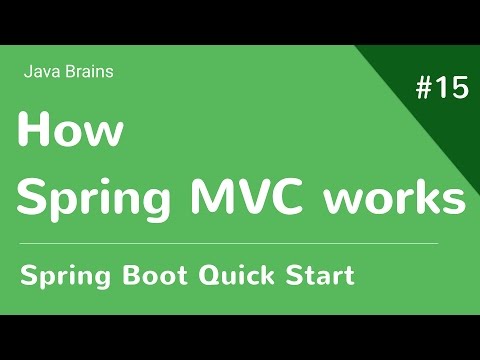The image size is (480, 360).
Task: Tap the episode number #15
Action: [x=441, y=88]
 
